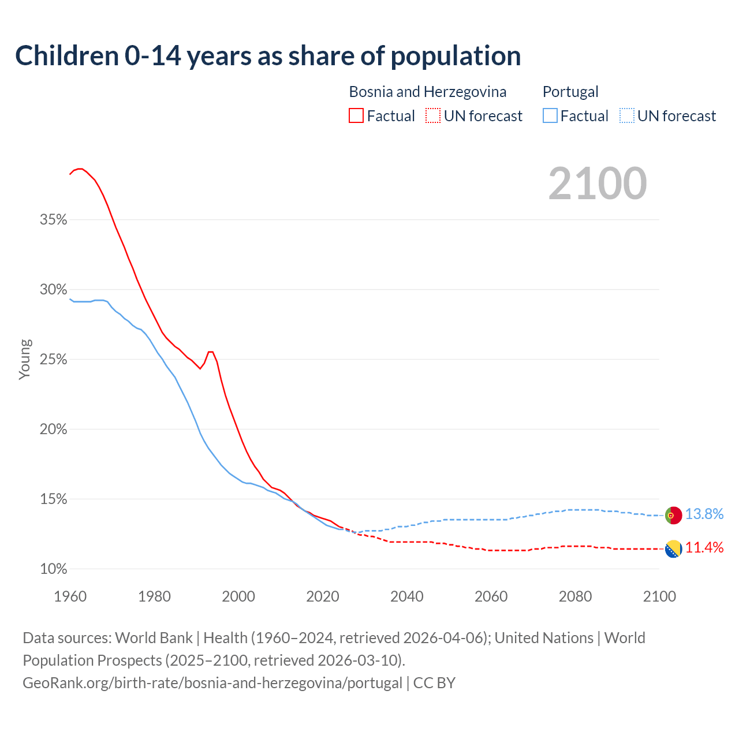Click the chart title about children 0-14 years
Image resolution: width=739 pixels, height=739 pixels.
268,56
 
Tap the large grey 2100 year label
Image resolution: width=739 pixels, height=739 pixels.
598,184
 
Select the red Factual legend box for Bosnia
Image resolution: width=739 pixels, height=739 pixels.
356,116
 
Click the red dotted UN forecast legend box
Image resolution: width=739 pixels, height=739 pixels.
433,116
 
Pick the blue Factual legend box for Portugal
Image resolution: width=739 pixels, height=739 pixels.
550,116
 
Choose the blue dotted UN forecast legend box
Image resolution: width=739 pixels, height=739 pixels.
627,116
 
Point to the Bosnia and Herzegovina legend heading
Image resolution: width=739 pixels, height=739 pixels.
427,92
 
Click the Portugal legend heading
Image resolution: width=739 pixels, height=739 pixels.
570,92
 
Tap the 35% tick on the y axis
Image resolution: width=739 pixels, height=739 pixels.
54,220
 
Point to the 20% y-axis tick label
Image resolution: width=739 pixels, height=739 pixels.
54,430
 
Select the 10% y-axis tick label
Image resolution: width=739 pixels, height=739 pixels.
54,569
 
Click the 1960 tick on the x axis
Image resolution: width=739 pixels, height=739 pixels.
70,596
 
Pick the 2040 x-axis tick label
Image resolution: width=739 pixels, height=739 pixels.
406,596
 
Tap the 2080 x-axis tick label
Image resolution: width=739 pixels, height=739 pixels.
575,596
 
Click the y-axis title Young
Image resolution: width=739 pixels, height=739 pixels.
25,359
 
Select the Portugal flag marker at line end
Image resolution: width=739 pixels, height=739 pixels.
673,515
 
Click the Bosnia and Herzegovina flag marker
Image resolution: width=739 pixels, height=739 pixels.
673,549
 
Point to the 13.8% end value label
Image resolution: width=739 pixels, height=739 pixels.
704,514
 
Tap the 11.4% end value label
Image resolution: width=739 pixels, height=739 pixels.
704,548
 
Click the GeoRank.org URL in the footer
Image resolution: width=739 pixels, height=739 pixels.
212,683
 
